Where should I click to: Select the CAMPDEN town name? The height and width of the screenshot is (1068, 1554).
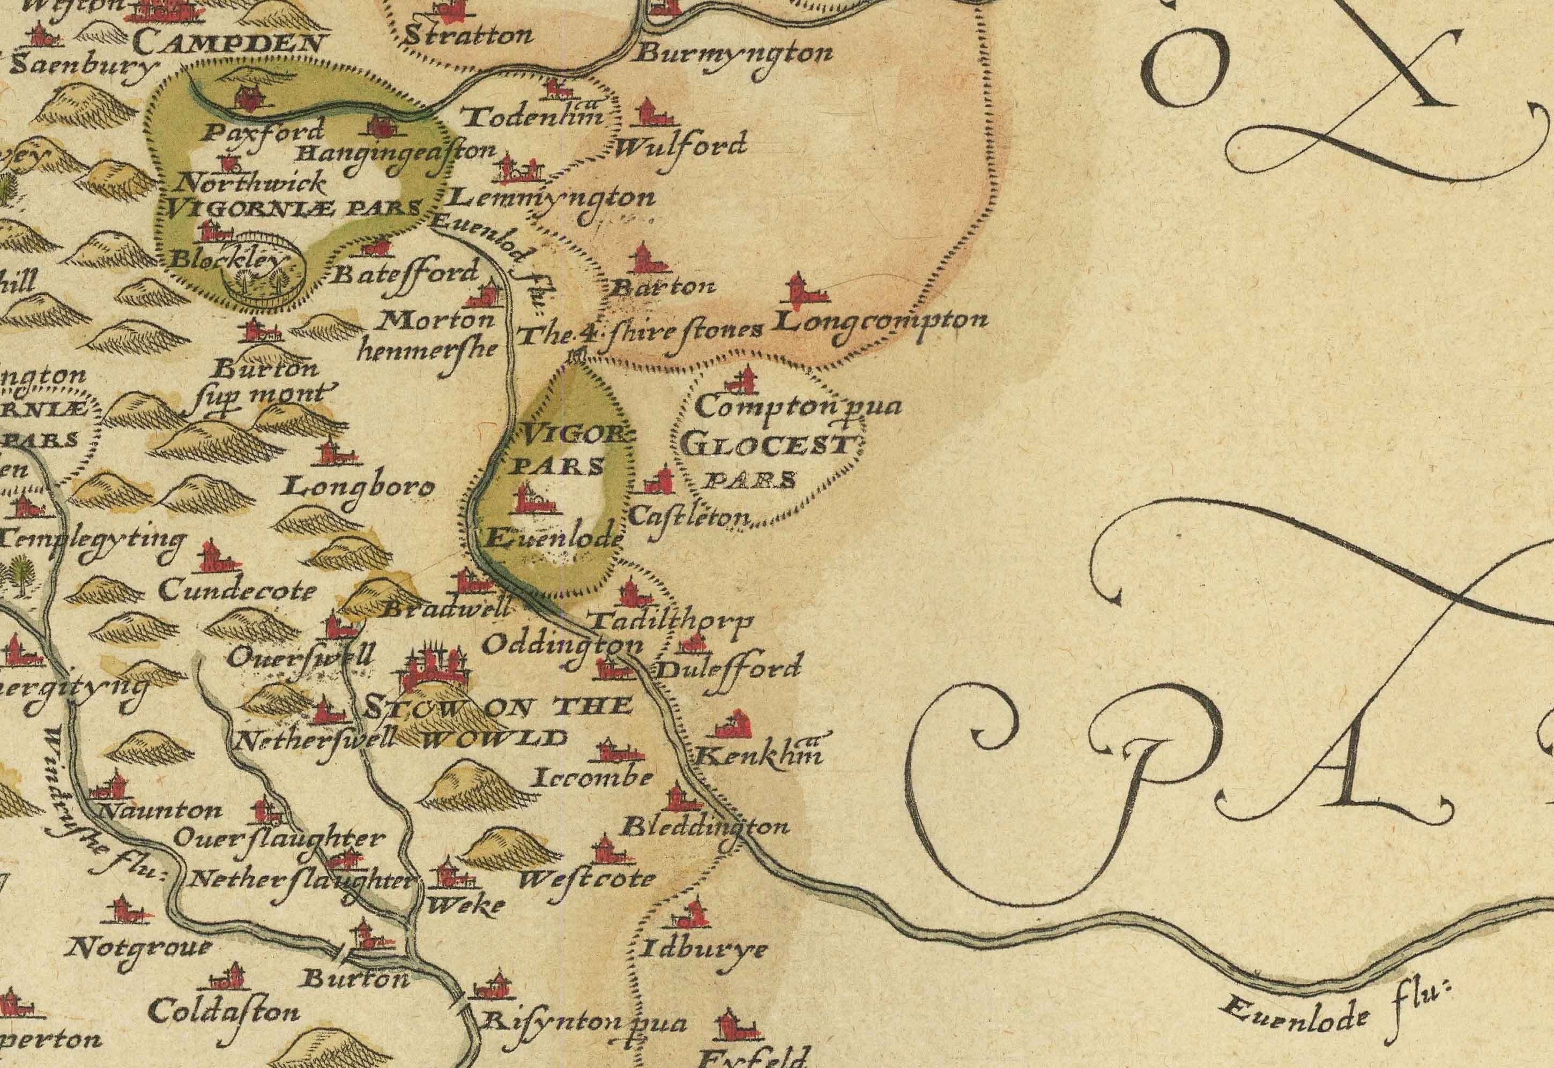(227, 43)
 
